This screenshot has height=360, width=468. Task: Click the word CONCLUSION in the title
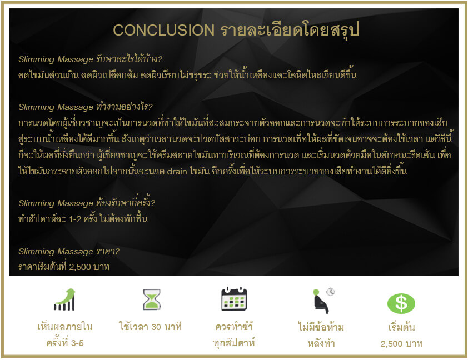click(x=163, y=30)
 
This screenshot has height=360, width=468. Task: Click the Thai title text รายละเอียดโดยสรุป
click(x=290, y=30)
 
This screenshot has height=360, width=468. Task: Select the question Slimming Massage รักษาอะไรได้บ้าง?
click(x=90, y=59)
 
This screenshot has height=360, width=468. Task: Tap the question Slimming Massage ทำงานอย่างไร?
click(x=86, y=107)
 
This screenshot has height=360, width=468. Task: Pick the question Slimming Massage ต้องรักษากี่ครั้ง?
click(x=87, y=203)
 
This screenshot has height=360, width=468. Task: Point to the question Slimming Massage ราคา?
click(x=69, y=252)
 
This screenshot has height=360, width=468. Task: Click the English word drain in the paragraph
click(x=177, y=171)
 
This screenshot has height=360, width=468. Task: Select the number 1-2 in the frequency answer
click(x=75, y=219)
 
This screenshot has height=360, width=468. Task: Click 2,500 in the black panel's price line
click(x=80, y=267)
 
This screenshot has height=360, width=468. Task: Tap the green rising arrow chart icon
click(x=64, y=299)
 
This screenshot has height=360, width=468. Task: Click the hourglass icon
click(x=152, y=299)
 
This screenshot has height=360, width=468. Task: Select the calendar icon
click(x=234, y=298)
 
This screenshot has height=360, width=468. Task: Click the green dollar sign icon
click(x=401, y=303)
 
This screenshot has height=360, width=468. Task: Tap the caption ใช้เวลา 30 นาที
click(x=150, y=327)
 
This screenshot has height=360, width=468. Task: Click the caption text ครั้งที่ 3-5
click(x=65, y=343)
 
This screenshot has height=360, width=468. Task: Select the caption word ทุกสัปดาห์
click(x=233, y=343)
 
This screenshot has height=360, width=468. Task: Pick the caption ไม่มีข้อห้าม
click(x=321, y=327)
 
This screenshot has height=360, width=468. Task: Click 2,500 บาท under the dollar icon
click(x=401, y=343)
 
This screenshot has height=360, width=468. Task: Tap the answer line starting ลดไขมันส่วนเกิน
click(x=187, y=74)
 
